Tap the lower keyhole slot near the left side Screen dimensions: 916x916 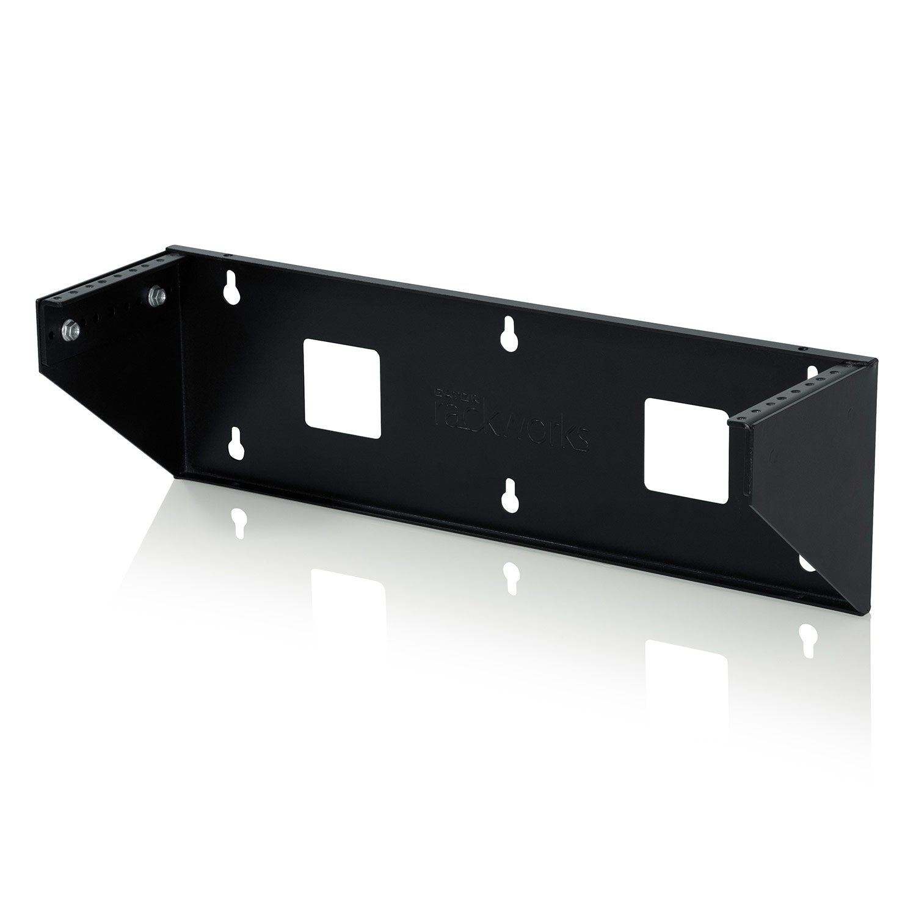[234, 444]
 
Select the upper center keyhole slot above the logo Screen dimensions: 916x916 [506, 334]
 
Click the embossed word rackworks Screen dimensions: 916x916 [510, 422]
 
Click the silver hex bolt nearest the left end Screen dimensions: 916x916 [67, 330]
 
